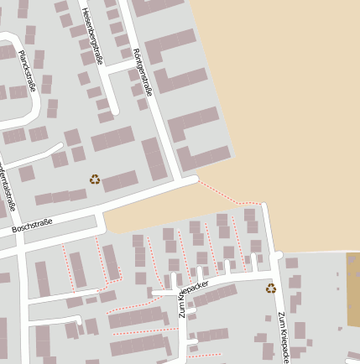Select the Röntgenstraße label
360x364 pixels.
coord(143,70)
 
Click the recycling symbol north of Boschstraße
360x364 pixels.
coord(95,179)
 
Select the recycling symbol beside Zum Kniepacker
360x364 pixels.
coord(270,289)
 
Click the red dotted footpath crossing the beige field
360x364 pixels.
coord(227,195)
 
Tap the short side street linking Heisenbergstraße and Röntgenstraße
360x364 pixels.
coord(119,65)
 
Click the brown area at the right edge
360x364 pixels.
coord(353,289)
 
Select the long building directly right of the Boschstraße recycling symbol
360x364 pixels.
coord(120,180)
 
